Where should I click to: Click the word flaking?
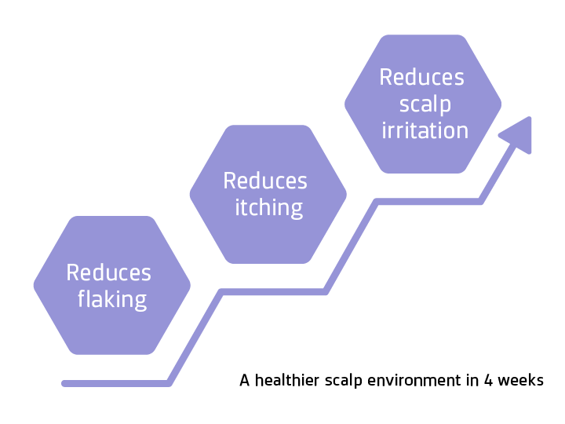[112, 299]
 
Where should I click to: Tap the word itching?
[269, 208]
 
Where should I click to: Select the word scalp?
[425, 104]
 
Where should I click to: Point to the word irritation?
[425, 130]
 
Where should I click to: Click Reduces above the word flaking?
[108, 272]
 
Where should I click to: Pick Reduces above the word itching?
[265, 181]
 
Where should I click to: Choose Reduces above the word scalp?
[421, 77]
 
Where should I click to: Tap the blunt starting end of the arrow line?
[65, 383]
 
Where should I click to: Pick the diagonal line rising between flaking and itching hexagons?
[195, 338]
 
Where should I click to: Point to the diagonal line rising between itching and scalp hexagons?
[351, 247]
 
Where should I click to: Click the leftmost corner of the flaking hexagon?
[34, 285]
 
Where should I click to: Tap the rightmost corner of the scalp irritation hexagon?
[501, 104]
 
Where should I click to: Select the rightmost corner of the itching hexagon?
[346, 194]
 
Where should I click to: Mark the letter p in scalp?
[446, 106]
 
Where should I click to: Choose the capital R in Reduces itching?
[229, 181]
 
